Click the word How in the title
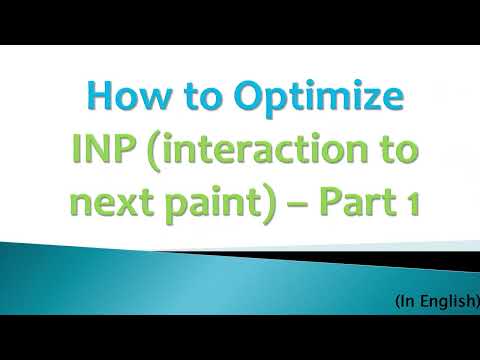(121, 100)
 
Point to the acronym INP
(105, 152)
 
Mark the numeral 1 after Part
(410, 204)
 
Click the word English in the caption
(442, 300)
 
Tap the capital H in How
(99, 100)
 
